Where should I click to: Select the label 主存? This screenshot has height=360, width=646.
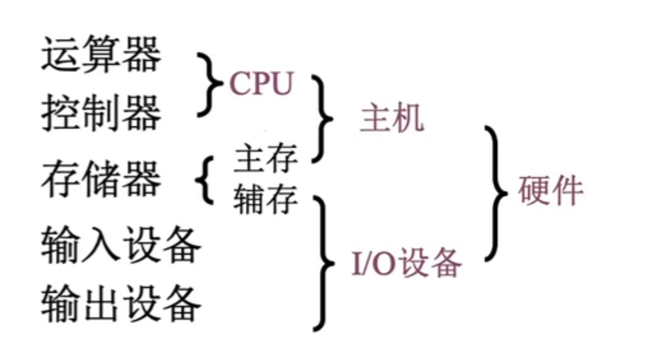pyautogui.click(x=266, y=159)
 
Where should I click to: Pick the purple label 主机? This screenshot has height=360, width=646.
pyautogui.click(x=391, y=119)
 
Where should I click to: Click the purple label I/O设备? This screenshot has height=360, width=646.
pyautogui.click(x=406, y=262)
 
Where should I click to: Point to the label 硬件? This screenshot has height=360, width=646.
pyautogui.click(x=550, y=189)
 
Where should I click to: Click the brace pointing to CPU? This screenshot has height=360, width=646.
pyautogui.click(x=208, y=85)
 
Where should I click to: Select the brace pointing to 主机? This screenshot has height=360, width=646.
pyautogui.click(x=321, y=119)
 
